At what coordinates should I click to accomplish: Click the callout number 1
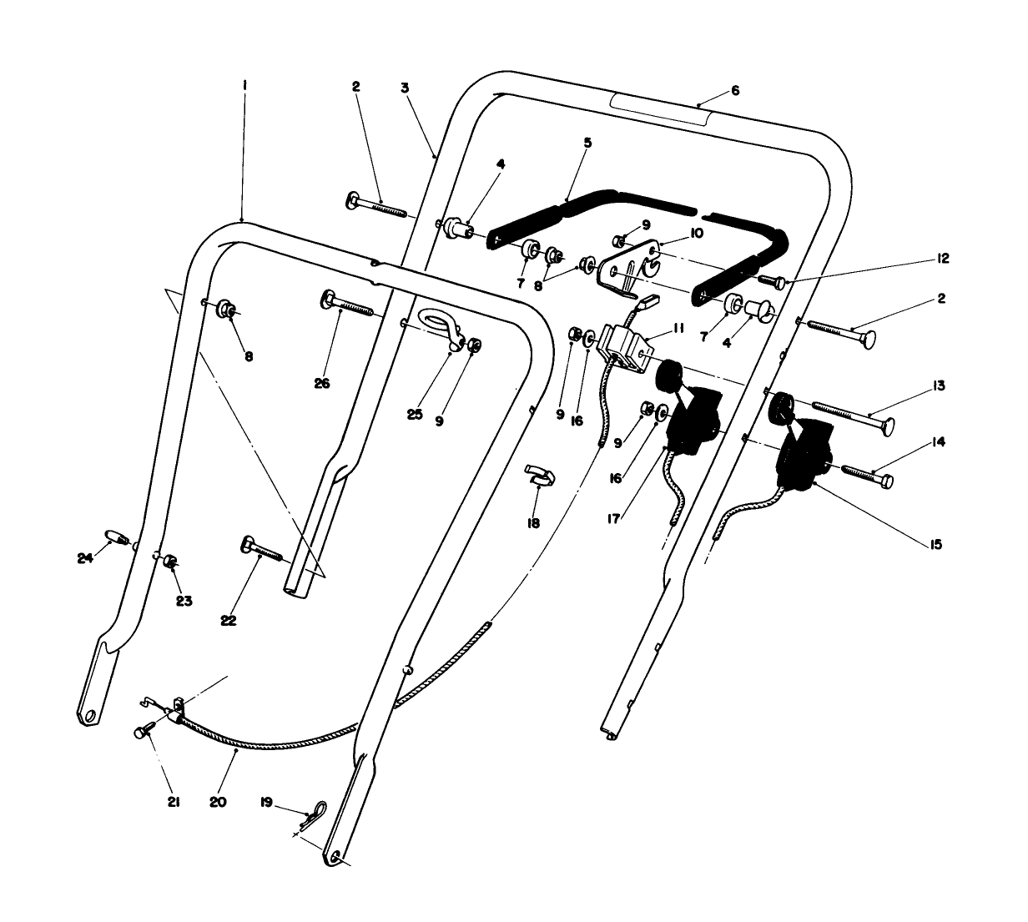(244, 85)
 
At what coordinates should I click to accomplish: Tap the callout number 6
(734, 90)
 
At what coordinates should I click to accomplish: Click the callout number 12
(943, 259)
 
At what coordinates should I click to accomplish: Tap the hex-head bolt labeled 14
(868, 476)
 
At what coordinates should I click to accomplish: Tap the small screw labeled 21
(141, 733)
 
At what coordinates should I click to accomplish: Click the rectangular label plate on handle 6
(659, 109)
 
